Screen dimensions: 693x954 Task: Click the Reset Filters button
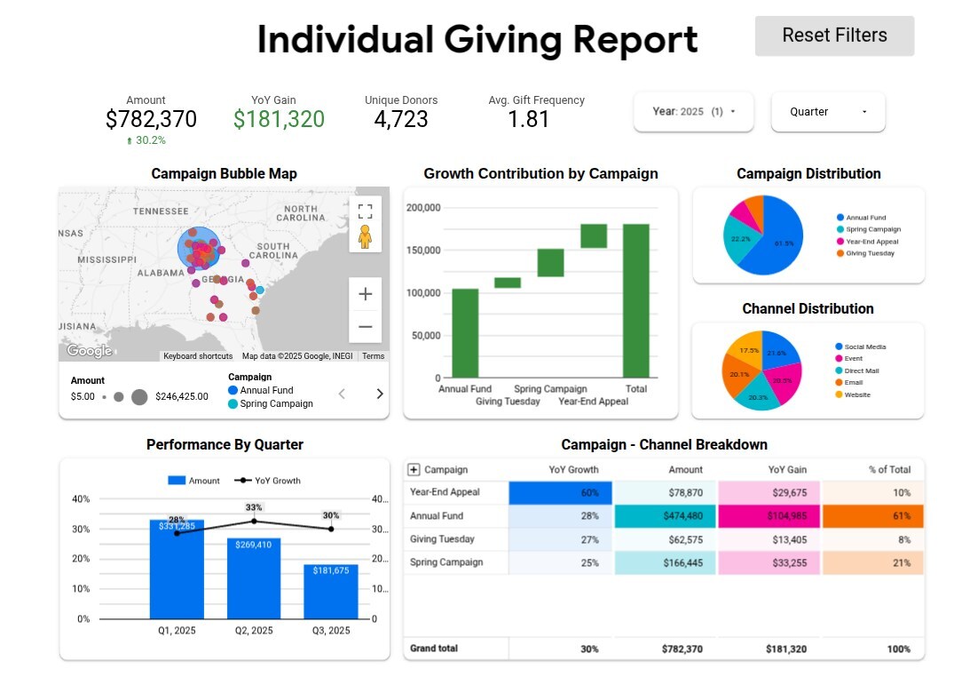tap(834, 36)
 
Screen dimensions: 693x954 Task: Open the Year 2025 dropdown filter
tap(694, 112)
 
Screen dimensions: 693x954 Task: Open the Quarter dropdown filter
tap(827, 112)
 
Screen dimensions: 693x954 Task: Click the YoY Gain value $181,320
tap(279, 119)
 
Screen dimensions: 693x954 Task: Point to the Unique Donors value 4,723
tap(401, 119)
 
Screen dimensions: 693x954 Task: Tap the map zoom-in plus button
tap(365, 294)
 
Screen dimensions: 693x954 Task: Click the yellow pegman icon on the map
tap(365, 236)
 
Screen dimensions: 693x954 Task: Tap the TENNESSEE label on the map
tap(161, 211)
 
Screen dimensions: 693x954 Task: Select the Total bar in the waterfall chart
tap(635, 300)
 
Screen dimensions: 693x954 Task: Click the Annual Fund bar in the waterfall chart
tap(465, 333)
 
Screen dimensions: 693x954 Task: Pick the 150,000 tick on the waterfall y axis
tap(424, 251)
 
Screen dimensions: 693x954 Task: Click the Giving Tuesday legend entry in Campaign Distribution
tap(870, 254)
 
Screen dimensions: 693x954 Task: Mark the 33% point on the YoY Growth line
tap(254, 521)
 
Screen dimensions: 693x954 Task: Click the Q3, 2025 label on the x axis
tap(330, 631)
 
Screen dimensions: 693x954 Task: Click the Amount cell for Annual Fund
tap(664, 516)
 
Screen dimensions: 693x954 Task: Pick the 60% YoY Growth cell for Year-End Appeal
tap(560, 493)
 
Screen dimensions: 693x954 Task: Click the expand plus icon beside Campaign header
tap(414, 470)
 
